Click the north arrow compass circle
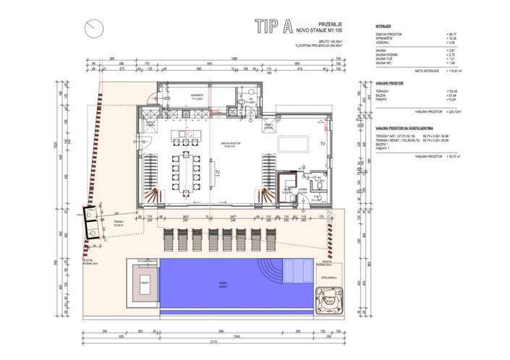click(x=92, y=28)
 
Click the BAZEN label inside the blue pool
click(x=229, y=283)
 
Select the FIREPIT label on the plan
click(x=145, y=282)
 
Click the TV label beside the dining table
click(x=217, y=172)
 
